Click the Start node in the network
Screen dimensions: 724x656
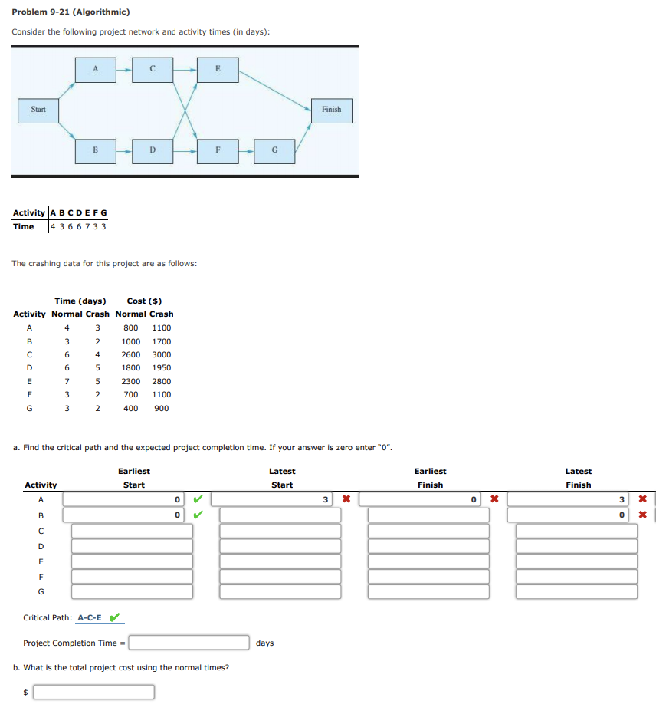[38, 110]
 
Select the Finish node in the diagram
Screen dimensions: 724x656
[331, 110]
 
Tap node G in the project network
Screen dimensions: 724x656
[275, 150]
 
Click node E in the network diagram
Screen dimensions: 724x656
[218, 69]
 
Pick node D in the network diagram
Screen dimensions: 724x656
[152, 150]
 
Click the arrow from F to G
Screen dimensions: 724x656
[247, 150]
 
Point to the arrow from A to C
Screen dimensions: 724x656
[123, 69]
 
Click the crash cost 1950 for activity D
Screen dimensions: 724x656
[162, 368]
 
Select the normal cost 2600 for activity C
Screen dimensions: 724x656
[131, 355]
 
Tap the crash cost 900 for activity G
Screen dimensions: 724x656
[162, 408]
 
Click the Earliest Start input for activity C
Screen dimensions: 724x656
[132, 531]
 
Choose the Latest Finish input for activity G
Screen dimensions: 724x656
[576, 591]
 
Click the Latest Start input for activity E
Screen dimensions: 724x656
[280, 561]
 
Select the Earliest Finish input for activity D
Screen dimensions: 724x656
[428, 546]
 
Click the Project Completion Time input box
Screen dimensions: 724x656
[189, 643]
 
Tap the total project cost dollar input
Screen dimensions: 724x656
[93, 692]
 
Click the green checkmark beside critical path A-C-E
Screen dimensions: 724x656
[115, 617]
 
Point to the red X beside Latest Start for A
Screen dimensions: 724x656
[346, 500]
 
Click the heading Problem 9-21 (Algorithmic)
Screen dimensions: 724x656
[71, 12]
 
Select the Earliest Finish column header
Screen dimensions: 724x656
[430, 478]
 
